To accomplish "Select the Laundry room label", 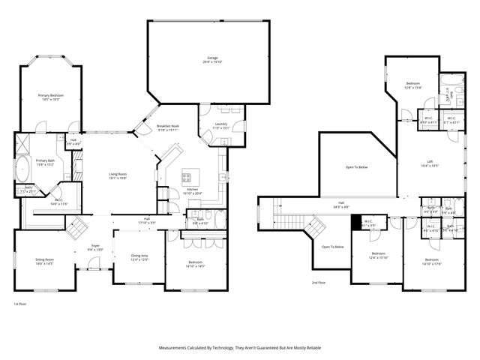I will click(x=220, y=125).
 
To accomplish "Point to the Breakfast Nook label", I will click(x=167, y=127).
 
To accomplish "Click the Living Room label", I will click(x=118, y=175).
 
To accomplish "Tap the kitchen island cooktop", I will click(x=186, y=178).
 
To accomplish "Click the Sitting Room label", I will click(x=44, y=262).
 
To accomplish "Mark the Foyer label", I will click(x=95, y=247).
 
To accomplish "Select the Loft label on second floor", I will click(x=433, y=163).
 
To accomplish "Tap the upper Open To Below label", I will click(x=356, y=167).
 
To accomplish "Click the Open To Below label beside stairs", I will click(x=332, y=247).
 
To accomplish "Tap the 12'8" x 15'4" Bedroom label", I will click(x=413, y=85).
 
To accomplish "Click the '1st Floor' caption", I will click(x=19, y=304).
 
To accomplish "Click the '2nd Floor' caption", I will click(x=318, y=283).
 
